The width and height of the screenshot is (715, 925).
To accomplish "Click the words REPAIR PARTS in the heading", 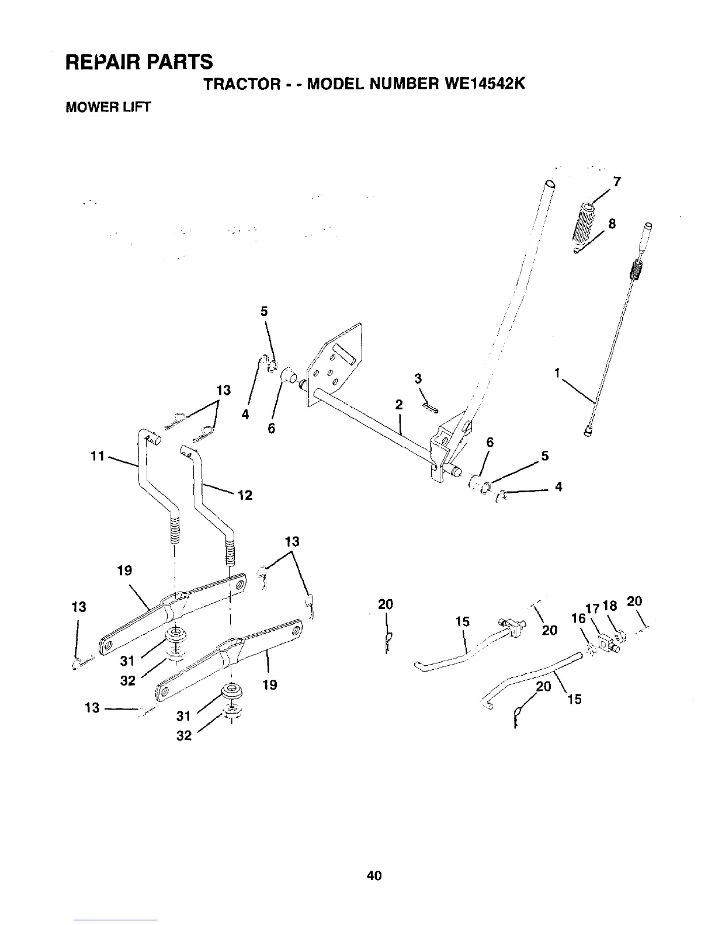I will click(x=139, y=60).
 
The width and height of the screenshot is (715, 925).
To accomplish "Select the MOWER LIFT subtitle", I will click(x=107, y=107).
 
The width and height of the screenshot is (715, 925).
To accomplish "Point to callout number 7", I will click(x=617, y=181).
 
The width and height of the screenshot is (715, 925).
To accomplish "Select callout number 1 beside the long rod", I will click(x=558, y=371).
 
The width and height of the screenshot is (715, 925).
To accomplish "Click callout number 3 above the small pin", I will click(x=418, y=378).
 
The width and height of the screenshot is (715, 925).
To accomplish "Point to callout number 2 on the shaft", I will click(x=398, y=404).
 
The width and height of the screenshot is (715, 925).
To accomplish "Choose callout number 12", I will click(x=245, y=495).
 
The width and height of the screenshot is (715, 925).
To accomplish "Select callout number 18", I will click(x=610, y=606).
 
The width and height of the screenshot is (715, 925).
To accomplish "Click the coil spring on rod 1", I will click(x=636, y=271).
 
